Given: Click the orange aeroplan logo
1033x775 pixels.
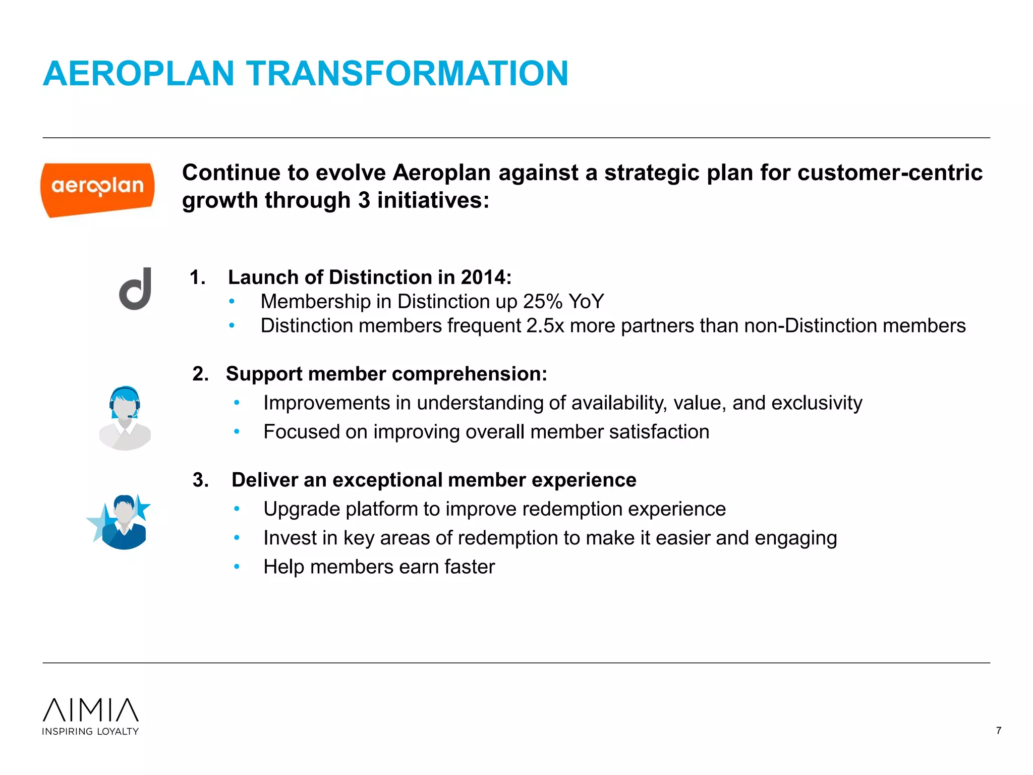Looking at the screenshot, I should [97, 189].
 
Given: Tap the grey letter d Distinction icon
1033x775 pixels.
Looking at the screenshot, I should [136, 289].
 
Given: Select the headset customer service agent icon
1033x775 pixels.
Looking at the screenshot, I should [125, 418].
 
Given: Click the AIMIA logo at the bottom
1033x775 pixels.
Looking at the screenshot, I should [91, 710].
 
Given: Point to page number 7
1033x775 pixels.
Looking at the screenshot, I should [998, 731].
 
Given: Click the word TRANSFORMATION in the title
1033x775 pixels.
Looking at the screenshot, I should [407, 74].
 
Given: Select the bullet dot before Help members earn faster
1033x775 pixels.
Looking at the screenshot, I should [237, 567].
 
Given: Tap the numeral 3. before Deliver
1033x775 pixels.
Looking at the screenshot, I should [200, 480].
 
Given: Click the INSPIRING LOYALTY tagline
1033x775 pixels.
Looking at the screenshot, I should [90, 732].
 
